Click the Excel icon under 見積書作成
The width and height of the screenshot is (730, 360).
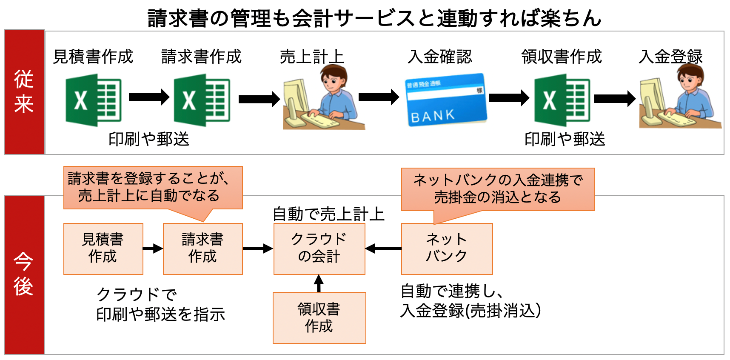coord(93,100)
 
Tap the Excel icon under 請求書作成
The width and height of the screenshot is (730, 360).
coord(202,100)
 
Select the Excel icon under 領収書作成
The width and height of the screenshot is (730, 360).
coord(562,100)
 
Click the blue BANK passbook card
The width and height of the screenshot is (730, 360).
coord(445,100)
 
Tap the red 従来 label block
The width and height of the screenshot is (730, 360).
coord(24,92)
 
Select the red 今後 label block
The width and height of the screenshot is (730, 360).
coord(24,274)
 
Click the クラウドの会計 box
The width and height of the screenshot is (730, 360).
coord(319,249)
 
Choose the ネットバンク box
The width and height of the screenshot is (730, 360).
coord(447,249)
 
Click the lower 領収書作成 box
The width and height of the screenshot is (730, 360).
coord(319,317)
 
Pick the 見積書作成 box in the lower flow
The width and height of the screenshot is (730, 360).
coord(103,249)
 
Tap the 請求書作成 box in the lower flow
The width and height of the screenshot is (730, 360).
coord(202,249)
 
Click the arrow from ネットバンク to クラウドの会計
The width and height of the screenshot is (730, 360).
coord(383,249)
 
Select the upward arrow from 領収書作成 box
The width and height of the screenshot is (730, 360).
coord(319,283)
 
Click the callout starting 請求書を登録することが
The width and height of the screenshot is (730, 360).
coord(153,187)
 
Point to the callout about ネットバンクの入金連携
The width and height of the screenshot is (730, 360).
coord(498,189)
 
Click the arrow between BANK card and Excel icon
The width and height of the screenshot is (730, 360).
coord(509,98)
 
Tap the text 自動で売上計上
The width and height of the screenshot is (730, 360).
coord(328,214)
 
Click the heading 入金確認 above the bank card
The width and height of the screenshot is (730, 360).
coord(439,57)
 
